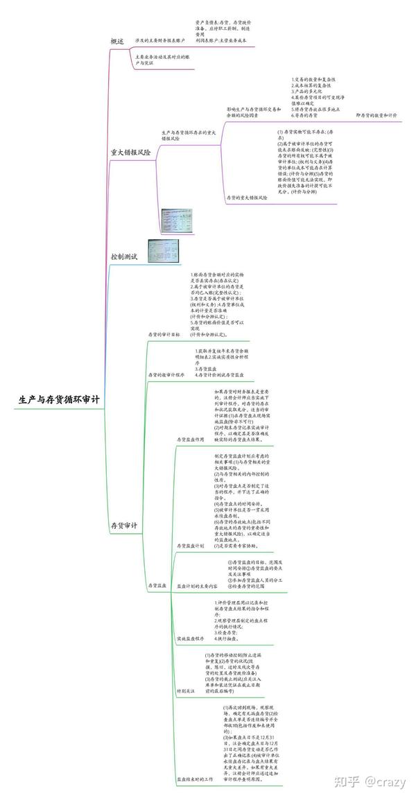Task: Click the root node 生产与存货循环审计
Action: pos(60,400)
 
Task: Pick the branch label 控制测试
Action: pos(125,257)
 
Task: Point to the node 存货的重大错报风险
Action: pos(247,198)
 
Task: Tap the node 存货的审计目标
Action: pos(164,334)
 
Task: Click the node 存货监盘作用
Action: pos(191,440)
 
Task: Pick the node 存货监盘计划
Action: pos(191,546)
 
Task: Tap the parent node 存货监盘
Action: pos(157,586)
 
